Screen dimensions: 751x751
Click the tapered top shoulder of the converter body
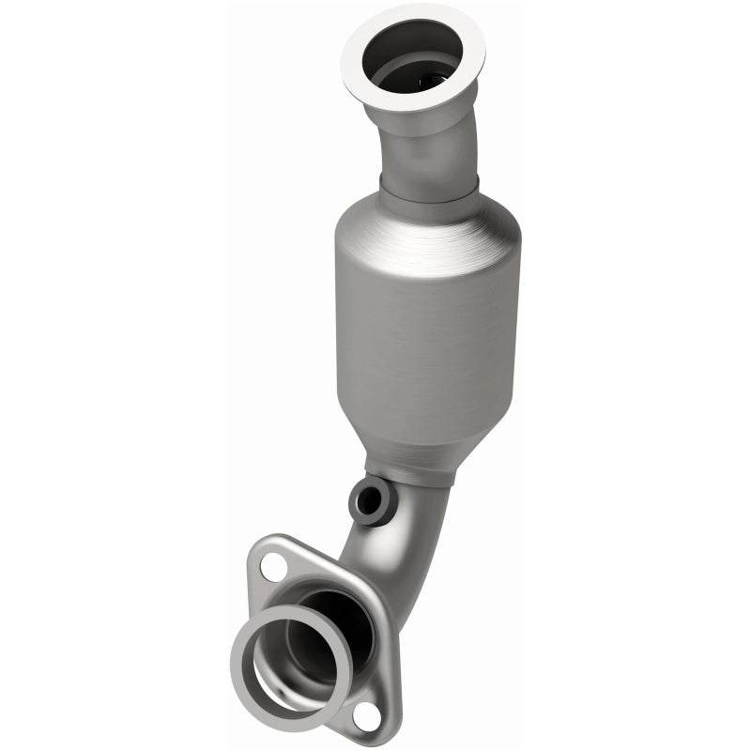(x=427, y=225)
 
